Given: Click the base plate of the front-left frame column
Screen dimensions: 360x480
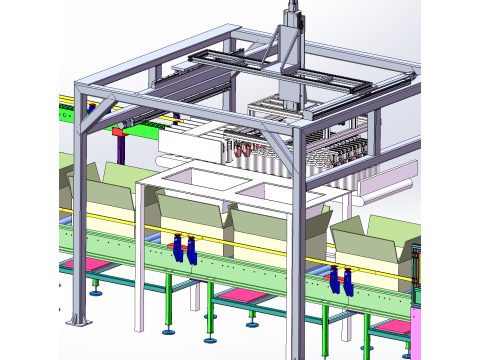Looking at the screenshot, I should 78,321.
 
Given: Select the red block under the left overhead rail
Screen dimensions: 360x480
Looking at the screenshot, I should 117,130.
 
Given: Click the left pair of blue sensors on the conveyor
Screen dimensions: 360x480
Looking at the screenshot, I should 183,249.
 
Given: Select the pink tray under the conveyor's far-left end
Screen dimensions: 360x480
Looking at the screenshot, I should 84,265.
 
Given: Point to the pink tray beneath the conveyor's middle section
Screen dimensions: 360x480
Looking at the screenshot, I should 240,296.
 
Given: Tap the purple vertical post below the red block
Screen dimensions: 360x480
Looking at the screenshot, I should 120,150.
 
